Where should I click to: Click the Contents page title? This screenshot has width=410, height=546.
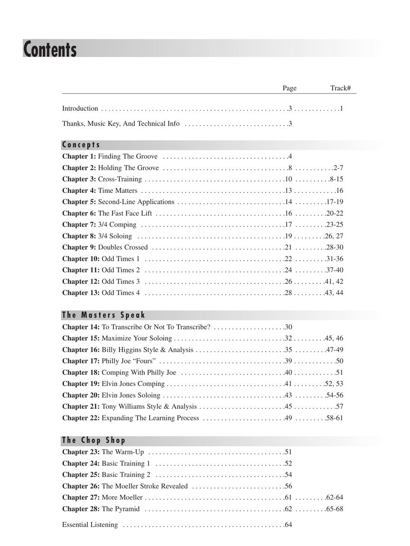coord(50,49)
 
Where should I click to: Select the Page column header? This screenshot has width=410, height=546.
coord(289,88)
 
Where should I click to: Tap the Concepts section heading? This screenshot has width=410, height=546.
coord(81,145)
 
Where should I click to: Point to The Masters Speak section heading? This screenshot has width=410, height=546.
coord(103,315)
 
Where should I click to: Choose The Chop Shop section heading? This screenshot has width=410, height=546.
coord(93,440)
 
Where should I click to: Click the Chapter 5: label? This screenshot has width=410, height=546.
coord(79,202)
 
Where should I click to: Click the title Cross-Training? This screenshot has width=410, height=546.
coord(120,179)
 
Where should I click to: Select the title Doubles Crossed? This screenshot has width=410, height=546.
coord(123,247)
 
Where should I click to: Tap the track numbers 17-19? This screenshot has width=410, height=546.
coord(335,202)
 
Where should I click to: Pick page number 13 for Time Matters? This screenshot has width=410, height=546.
coord(288,191)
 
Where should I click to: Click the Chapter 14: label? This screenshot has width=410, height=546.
coord(81,327)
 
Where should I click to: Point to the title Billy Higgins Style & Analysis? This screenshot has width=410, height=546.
coord(148,350)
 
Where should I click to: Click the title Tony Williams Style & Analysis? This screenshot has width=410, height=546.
coord(149,407)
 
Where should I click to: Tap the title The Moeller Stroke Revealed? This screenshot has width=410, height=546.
coord(145,486)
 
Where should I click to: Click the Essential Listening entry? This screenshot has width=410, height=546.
coord(90,525)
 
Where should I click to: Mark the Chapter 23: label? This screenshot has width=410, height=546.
coord(81,452)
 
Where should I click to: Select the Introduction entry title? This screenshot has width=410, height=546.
coord(80,109)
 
